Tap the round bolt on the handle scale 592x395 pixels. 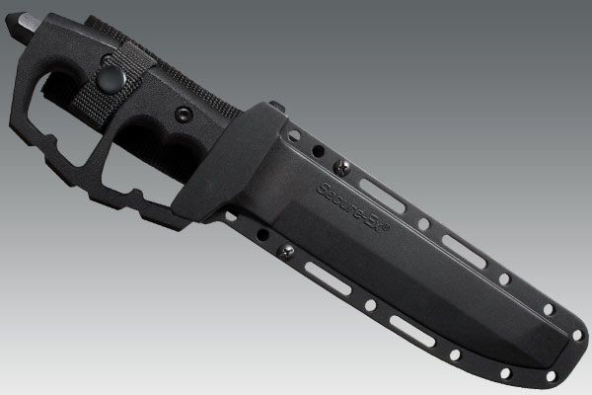click(184, 115)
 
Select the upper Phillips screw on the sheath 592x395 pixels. click(341, 167)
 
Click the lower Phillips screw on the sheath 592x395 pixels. click(286, 252)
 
